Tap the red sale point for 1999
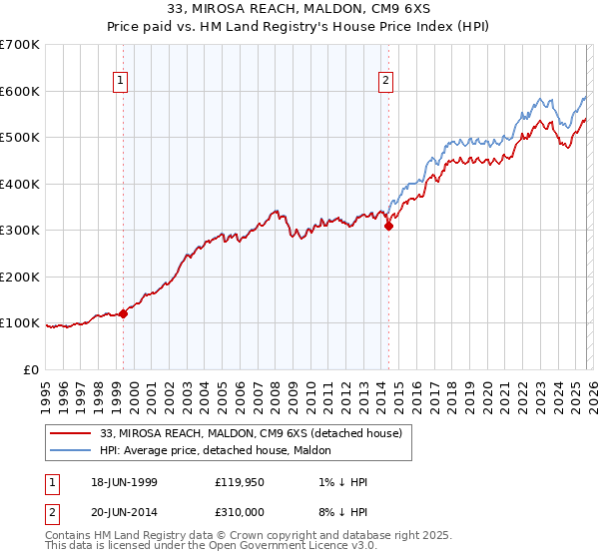pos(124,313)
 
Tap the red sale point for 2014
pos(389,226)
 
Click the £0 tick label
pos(30,369)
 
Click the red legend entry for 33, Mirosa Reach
pos(251,433)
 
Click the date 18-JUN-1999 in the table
pos(121,481)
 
